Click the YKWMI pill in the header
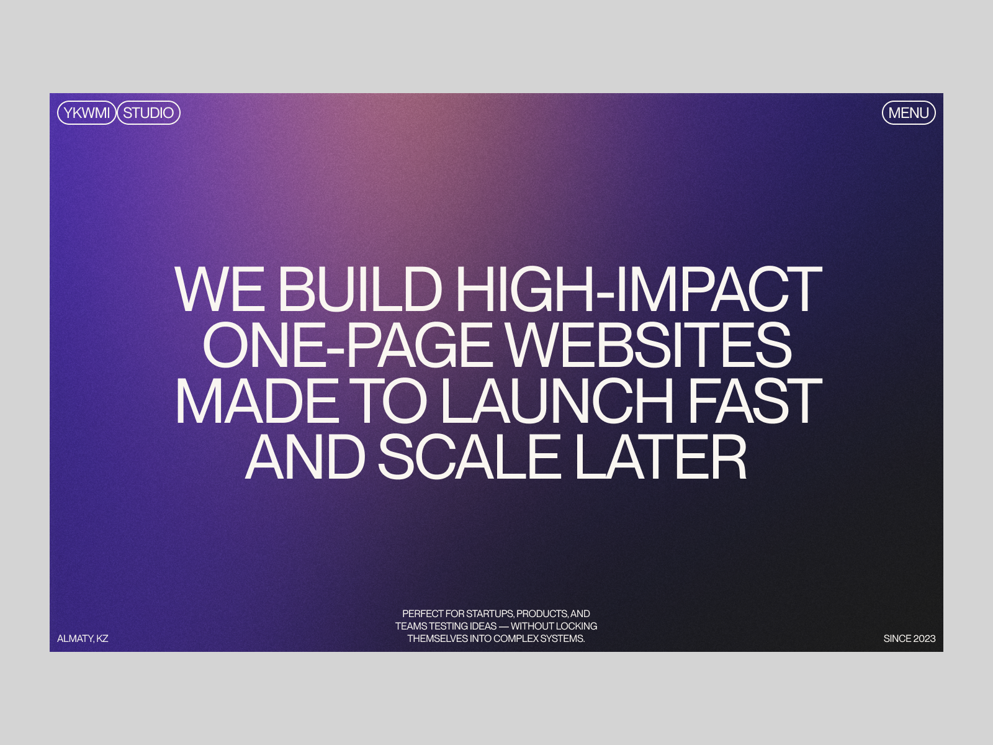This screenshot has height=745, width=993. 86,112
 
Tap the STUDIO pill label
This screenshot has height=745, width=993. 148,112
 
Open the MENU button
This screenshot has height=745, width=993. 909,112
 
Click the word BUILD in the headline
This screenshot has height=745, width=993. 359,289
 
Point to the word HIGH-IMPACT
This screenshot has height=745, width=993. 639,289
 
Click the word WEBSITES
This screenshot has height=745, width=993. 649,345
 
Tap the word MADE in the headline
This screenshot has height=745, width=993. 257,401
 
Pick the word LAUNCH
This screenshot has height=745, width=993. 557,401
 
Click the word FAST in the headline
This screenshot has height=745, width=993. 755,401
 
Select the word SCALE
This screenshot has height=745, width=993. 469,456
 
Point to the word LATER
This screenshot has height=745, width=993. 660,456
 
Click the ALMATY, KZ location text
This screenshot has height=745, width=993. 83,638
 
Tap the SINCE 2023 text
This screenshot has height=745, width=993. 909,638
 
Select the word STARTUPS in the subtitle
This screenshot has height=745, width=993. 490,614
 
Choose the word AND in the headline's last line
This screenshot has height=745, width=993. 305,456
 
